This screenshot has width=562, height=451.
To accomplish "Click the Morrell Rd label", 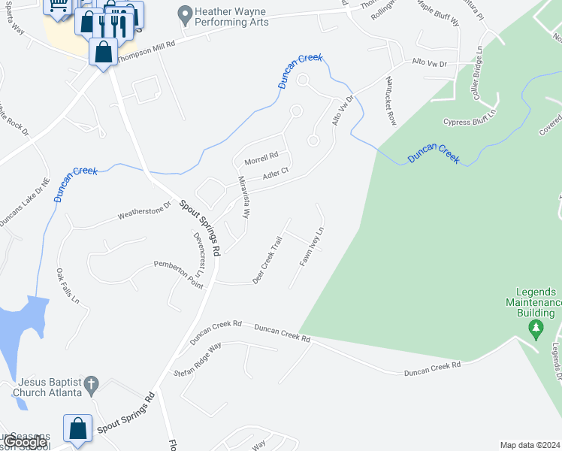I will tap(261, 159).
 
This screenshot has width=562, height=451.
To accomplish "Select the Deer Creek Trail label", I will tap(267, 260).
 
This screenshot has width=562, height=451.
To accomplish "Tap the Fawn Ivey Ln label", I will tap(312, 247).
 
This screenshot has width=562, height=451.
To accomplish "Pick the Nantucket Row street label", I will tap(390, 100).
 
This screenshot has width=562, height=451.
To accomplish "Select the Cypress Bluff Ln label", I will tap(470, 121).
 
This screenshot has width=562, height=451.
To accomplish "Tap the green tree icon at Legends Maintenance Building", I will tap(536, 328).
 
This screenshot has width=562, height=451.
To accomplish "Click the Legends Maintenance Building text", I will tap(536, 301).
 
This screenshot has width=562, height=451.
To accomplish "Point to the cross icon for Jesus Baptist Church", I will tap(90, 384).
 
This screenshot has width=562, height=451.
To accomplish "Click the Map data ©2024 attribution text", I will tap(530, 445).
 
